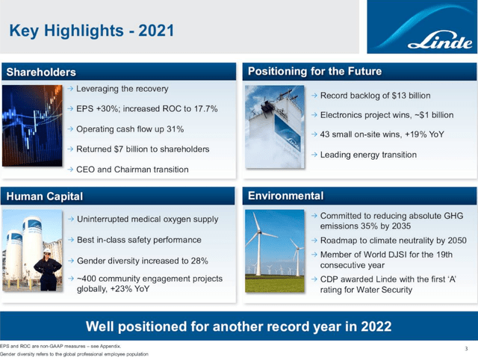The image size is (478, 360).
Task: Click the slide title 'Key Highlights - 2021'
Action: click(91, 31)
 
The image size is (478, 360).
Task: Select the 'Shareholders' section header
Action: click(42, 72)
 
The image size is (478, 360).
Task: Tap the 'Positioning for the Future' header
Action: click(314, 72)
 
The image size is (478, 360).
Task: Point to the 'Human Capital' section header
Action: click(44, 196)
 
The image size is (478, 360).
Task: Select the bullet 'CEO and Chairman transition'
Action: click(132, 170)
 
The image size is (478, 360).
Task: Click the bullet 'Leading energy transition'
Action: click(368, 155)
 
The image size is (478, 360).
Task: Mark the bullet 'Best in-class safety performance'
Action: click(139, 240)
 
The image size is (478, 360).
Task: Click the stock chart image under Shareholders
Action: click(31, 127)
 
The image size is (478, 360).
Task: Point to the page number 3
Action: click(465, 348)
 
